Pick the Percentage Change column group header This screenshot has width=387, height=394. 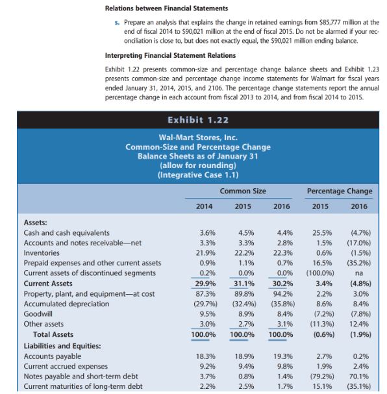[x=340, y=191]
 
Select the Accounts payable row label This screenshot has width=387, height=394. [x=53, y=356]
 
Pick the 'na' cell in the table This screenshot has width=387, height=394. [x=361, y=273]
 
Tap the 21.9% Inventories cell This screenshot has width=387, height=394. [x=205, y=252]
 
